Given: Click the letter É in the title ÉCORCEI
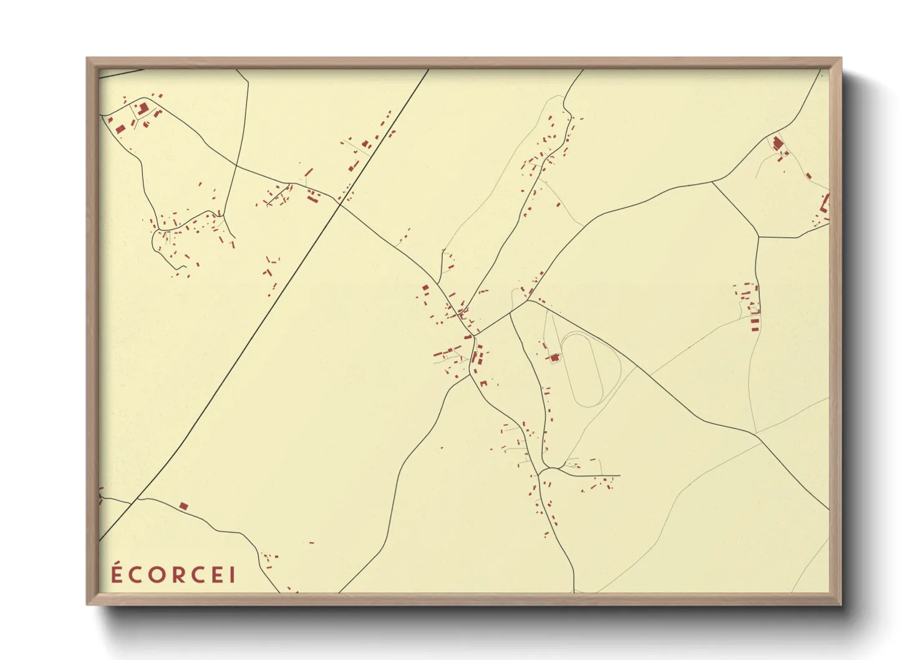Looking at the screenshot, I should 117,574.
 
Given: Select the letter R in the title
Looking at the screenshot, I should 178,575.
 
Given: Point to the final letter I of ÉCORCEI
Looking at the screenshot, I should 233,575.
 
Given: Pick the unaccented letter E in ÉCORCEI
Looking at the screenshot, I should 218,575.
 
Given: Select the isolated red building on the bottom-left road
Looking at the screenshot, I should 183,506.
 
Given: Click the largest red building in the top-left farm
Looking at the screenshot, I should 143,109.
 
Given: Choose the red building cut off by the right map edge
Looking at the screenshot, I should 826,203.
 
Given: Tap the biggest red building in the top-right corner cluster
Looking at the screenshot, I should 777,143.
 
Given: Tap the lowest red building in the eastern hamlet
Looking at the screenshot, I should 755,328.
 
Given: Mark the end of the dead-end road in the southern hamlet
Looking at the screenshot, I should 620,475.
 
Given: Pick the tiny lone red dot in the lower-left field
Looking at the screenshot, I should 312,543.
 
